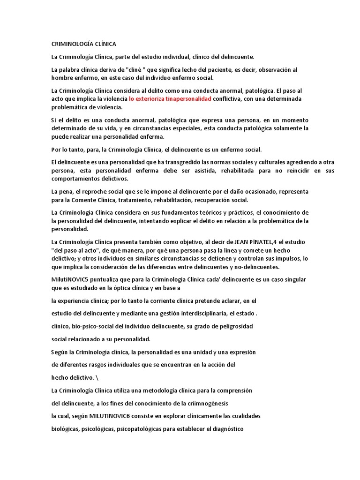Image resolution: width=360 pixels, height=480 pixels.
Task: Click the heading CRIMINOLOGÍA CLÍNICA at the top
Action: coord(87,44)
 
